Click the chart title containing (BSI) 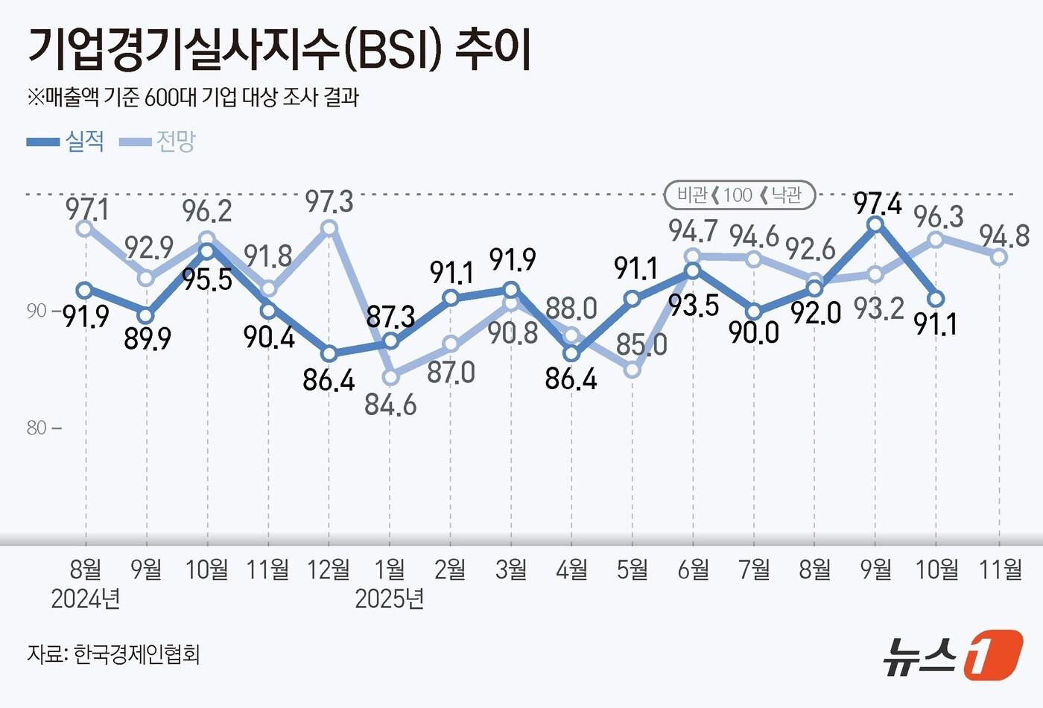[x=279, y=50]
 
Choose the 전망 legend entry [x=157, y=141]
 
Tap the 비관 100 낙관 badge [x=739, y=195]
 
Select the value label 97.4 [x=878, y=203]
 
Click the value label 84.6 [x=390, y=405]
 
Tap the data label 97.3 [x=329, y=201]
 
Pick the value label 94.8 [x=1004, y=236]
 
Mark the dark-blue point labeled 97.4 [x=875, y=224]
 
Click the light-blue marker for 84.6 [x=390, y=377]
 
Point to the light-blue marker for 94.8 [x=999, y=256]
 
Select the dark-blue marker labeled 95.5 [x=207, y=250]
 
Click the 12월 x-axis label [x=329, y=570]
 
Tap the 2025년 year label [x=390, y=598]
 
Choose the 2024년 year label [x=86, y=598]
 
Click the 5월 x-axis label [x=633, y=570]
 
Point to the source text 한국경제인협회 [x=137, y=654]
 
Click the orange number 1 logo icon [x=992, y=655]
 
